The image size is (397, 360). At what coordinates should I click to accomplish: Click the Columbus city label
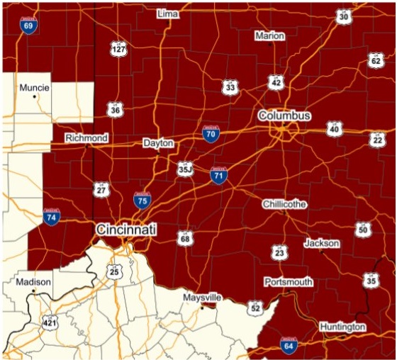point(284,116)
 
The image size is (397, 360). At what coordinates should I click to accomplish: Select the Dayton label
point(158,143)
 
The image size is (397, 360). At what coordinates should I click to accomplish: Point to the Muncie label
point(35,88)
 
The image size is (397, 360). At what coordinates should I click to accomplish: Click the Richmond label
point(86,138)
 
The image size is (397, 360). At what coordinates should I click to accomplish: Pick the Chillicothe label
point(284,204)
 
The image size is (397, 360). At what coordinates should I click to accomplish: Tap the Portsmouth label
point(289,282)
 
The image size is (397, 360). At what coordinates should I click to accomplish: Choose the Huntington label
point(342,327)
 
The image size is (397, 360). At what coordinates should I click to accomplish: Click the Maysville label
point(203,297)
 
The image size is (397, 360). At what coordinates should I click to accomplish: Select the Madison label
point(33,282)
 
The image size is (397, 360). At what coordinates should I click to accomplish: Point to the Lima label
point(168,13)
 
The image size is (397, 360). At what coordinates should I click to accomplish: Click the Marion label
point(269,35)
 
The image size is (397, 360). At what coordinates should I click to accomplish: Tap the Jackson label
point(322,243)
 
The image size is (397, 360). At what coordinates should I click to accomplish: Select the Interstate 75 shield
point(142,201)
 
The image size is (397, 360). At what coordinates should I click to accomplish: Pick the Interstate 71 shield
point(219,174)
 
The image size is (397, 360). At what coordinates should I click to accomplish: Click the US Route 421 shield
point(49,322)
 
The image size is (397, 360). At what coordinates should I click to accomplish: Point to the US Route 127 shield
point(118,49)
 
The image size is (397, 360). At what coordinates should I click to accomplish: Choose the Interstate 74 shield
point(51,218)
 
